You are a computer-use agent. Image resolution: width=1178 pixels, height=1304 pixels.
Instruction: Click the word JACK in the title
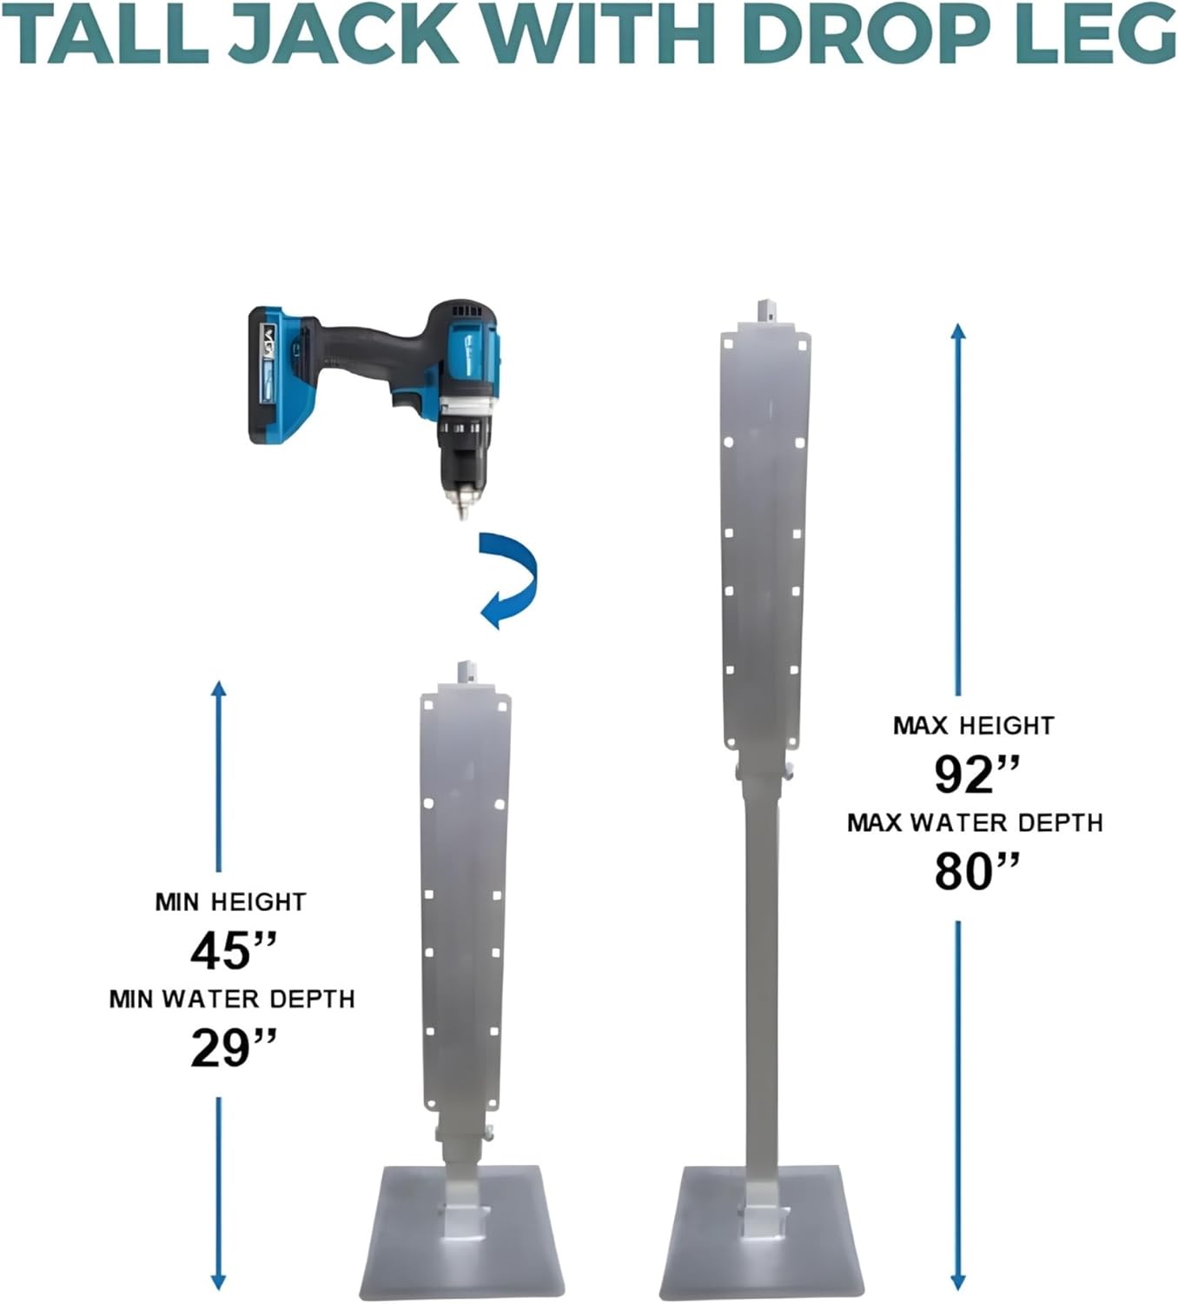coord(343,35)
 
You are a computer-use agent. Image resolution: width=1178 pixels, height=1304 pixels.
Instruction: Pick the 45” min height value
coord(232,950)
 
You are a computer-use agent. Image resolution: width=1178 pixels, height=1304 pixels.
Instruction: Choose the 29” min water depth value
coord(232,1048)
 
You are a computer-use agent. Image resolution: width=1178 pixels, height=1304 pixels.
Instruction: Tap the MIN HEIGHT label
coord(231,902)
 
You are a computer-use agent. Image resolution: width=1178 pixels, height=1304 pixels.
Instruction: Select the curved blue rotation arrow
coord(511,580)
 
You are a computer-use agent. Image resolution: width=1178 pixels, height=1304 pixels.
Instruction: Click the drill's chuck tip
coord(463,509)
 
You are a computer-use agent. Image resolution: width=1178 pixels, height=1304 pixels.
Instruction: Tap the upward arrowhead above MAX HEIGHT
coord(958,333)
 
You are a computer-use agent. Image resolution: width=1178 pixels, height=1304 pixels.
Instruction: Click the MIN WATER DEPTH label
coord(232,1000)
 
